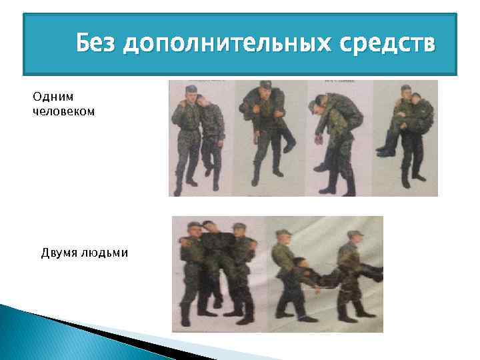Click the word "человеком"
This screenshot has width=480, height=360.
[63, 111]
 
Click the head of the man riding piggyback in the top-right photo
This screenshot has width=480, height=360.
[417, 98]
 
